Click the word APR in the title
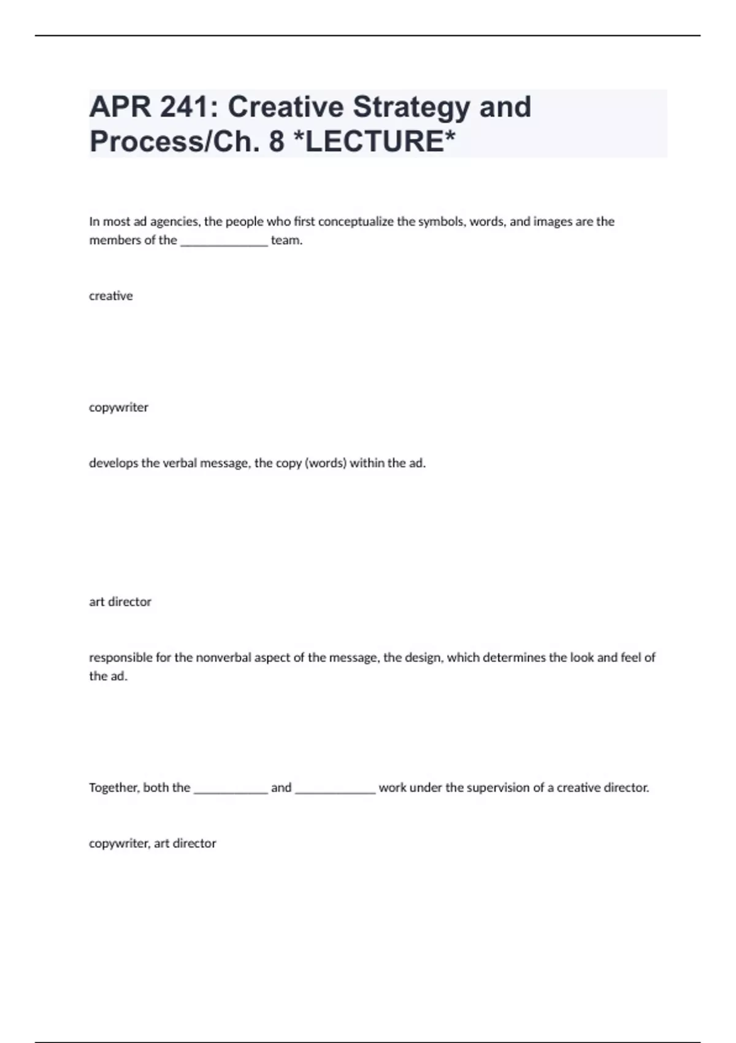click(119, 107)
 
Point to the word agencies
click(175, 221)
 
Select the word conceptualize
click(356, 221)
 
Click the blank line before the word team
click(224, 241)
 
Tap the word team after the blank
click(286, 241)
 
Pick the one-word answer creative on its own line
click(111, 296)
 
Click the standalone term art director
click(120, 602)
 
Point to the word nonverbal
click(223, 658)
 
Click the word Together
click(114, 788)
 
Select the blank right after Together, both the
click(231, 789)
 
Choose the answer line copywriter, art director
click(153, 844)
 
